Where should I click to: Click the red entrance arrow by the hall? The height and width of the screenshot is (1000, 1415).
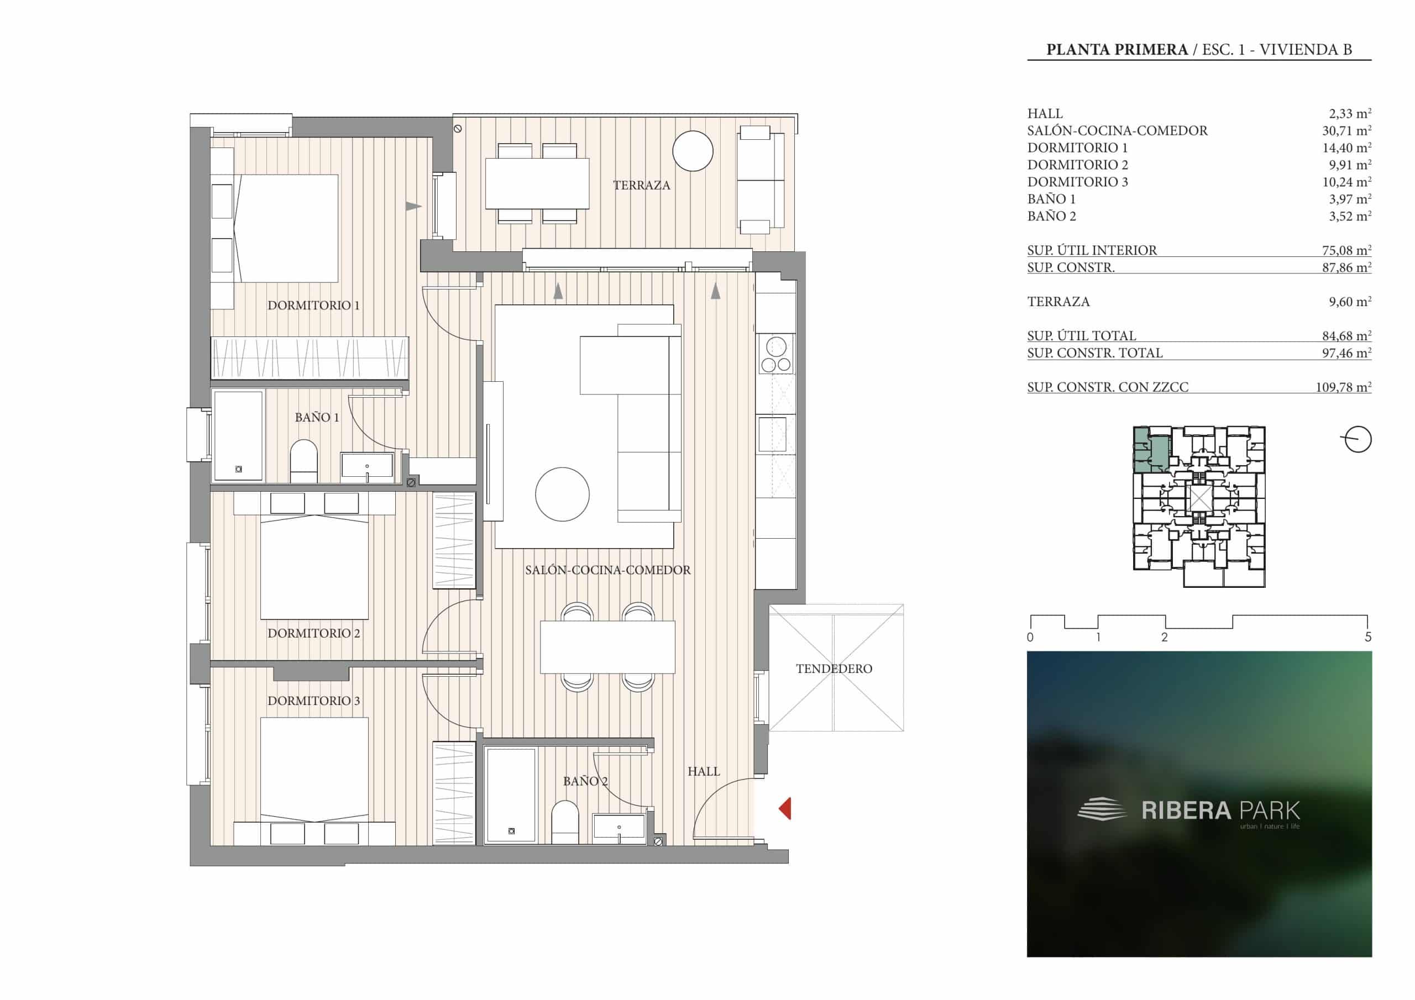pyautogui.click(x=785, y=808)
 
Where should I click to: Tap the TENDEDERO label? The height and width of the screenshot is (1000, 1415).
pyautogui.click(x=834, y=669)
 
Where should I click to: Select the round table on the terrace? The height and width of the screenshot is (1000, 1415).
pyautogui.click(x=693, y=151)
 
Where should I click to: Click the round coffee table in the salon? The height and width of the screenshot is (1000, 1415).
pyautogui.click(x=562, y=494)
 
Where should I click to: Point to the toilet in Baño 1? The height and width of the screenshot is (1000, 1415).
pyautogui.click(x=303, y=461)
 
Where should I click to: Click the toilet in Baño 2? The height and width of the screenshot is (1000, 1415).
pyautogui.click(x=565, y=822)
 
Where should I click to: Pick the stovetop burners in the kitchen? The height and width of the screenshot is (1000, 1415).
pyautogui.click(x=776, y=354)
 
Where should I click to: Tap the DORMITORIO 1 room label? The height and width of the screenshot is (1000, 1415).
pyautogui.click(x=313, y=305)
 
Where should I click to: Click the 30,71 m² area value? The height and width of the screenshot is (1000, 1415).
pyautogui.click(x=1343, y=130)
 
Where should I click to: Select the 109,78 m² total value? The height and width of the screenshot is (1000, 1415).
pyautogui.click(x=1344, y=387)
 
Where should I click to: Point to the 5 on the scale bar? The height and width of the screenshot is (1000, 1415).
pyautogui.click(x=1368, y=638)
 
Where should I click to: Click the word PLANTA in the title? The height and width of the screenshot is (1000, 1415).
pyautogui.click(x=1073, y=50)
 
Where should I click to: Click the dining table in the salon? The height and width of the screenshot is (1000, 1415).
pyautogui.click(x=607, y=647)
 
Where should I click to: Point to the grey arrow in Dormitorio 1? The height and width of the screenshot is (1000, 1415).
pyautogui.click(x=413, y=207)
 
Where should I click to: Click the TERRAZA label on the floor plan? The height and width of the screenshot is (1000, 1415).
pyautogui.click(x=642, y=185)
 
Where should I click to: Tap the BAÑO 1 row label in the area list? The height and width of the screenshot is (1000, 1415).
pyautogui.click(x=1051, y=199)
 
